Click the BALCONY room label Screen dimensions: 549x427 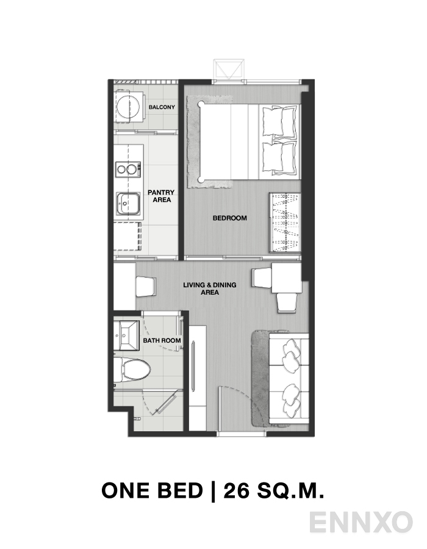(x=162, y=107)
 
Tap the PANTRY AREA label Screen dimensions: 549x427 (x=161, y=196)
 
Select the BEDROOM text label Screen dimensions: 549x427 (x=229, y=218)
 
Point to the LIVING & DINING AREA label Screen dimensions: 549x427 (x=209, y=289)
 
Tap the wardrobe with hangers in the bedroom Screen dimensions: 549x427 (x=285, y=223)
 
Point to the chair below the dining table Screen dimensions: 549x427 (x=287, y=301)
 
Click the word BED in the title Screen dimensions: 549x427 (x=178, y=490)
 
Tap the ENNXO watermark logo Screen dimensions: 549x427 (x=361, y=523)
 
